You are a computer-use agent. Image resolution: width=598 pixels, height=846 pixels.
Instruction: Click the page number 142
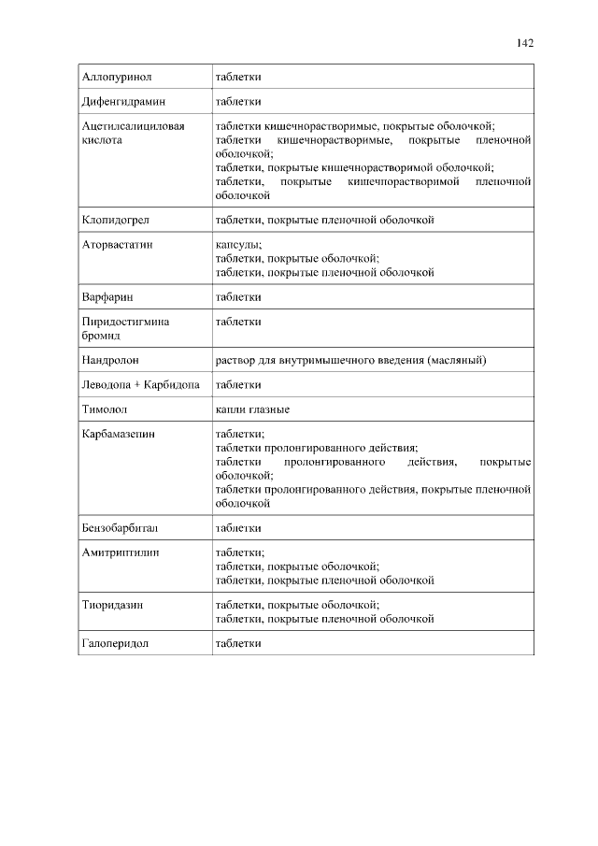(x=524, y=43)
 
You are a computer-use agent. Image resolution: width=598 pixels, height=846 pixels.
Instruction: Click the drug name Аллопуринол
(x=116, y=77)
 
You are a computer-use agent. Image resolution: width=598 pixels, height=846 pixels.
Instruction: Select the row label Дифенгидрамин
(x=122, y=101)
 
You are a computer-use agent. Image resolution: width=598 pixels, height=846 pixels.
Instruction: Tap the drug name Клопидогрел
(x=115, y=221)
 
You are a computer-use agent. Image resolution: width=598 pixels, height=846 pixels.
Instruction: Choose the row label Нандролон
(x=111, y=360)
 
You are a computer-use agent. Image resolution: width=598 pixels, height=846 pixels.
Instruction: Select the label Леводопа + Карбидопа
(x=141, y=385)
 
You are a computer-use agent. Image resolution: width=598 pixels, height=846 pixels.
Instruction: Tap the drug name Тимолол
(x=104, y=409)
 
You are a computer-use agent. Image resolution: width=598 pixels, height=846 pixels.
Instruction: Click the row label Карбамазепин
(x=119, y=434)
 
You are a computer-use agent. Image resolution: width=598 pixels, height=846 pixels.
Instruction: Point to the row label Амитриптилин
(x=121, y=552)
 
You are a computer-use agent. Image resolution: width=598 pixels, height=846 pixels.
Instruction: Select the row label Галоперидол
(x=116, y=643)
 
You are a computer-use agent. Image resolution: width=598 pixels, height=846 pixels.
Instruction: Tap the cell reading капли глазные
(x=252, y=409)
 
